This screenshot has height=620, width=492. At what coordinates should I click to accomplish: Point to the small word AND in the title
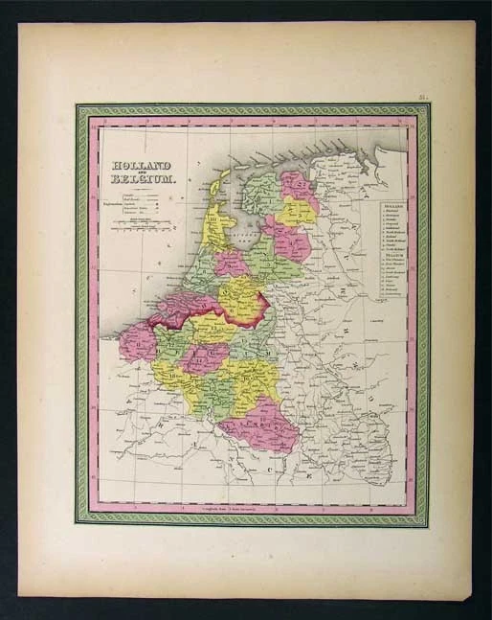pos(141,172)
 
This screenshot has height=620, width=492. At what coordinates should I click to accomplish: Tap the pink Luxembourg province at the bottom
pos(258,425)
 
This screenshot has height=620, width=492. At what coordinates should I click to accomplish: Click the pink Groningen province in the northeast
pos(296,187)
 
